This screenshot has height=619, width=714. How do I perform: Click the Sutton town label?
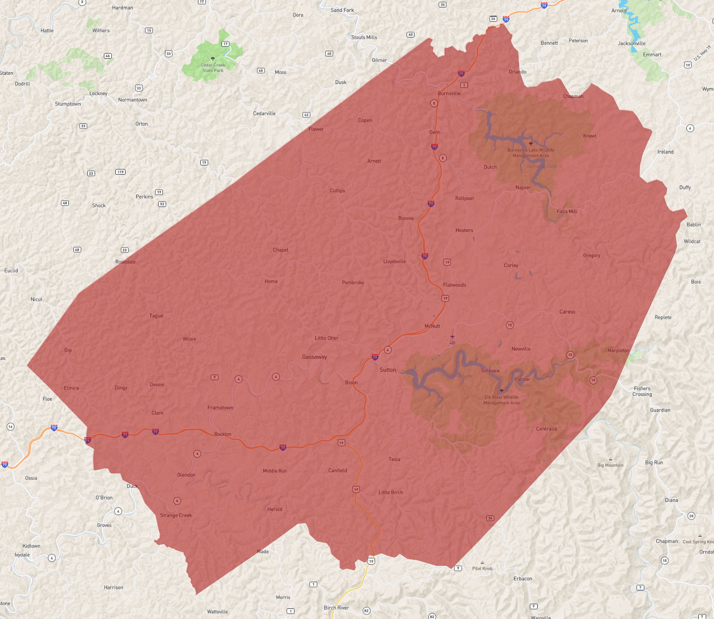(388, 370)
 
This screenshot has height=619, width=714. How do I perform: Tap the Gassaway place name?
(314, 357)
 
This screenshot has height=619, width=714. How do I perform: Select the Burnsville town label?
(449, 93)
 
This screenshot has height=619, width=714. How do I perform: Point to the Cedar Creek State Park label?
(213, 68)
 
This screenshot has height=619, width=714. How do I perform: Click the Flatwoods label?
(455, 285)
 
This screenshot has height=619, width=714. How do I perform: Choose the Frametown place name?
(220, 407)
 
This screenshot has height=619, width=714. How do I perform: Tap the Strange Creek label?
(176, 515)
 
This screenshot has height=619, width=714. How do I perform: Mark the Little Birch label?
(390, 492)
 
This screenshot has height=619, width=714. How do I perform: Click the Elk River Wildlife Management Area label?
(501, 400)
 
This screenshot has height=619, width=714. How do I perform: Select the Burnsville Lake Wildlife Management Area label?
(531, 153)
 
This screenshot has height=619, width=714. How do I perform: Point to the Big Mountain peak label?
(610, 465)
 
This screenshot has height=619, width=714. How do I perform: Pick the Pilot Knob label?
(482, 569)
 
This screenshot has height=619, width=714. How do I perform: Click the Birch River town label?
(336, 607)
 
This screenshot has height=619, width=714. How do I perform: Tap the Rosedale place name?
(126, 262)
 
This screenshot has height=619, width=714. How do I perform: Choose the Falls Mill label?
(567, 212)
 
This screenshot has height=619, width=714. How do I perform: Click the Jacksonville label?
(631, 43)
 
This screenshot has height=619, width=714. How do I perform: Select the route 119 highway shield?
(120, 172)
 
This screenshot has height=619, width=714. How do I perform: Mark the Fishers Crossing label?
(642, 391)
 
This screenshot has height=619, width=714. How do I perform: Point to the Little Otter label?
(326, 338)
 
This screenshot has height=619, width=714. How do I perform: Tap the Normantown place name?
(132, 100)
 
